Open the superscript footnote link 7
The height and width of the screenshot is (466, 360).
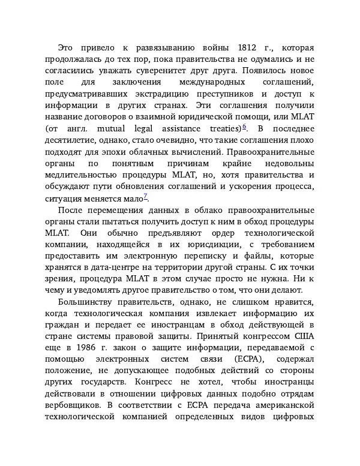[x=145, y=196]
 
